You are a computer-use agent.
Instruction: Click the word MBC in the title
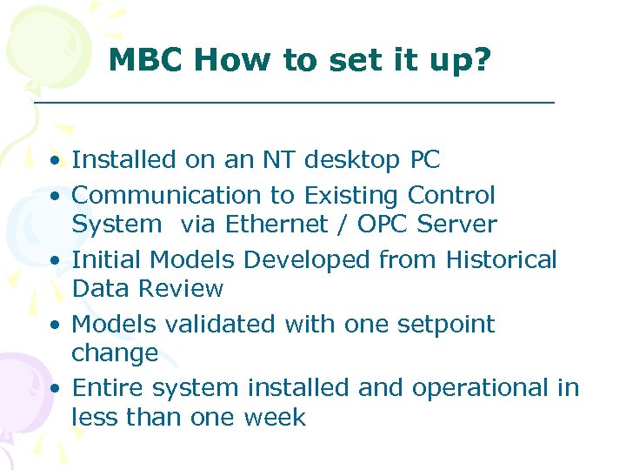click(x=146, y=60)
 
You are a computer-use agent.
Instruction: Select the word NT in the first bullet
click(x=270, y=160)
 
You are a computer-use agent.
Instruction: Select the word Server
click(x=457, y=224)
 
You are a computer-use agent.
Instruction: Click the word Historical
click(x=501, y=259)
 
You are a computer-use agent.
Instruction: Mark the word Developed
click(x=308, y=260)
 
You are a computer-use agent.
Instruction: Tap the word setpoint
click(x=445, y=325)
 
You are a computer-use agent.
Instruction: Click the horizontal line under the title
click(x=294, y=103)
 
